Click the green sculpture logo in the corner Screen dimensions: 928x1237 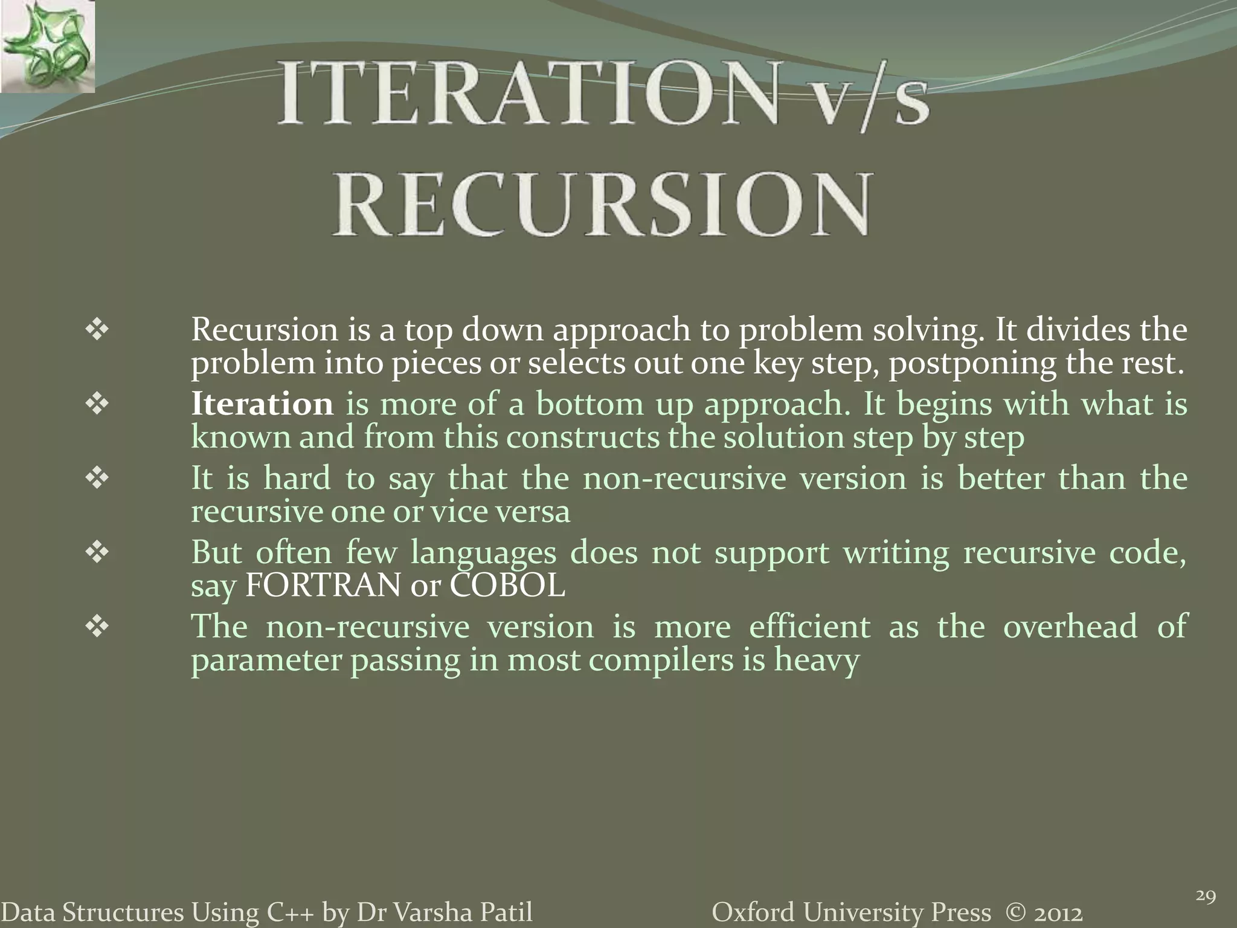tap(47, 47)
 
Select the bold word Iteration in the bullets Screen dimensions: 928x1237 tap(262, 404)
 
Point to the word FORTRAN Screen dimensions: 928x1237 tap(323, 585)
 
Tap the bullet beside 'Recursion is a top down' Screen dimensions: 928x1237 tap(97, 330)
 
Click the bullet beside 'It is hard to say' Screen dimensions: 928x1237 tap(97, 478)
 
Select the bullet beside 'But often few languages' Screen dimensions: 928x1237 tap(97, 553)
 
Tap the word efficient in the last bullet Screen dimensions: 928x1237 tap(810, 626)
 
